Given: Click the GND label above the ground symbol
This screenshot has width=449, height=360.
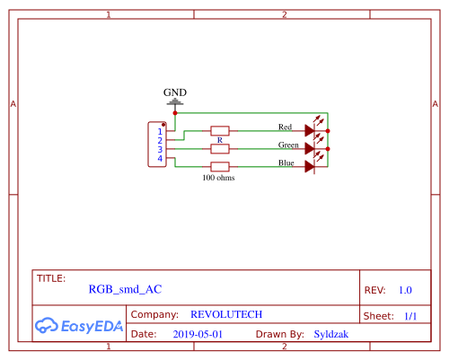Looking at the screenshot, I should point(175,92).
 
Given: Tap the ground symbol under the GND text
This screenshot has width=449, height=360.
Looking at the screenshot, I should point(175,102).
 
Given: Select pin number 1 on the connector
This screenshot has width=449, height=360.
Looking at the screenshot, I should point(160,132).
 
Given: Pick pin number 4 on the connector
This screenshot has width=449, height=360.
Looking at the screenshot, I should point(160,159).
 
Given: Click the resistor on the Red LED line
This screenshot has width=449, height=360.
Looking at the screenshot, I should point(220,130).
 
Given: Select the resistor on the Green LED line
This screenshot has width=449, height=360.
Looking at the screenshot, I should point(220,148).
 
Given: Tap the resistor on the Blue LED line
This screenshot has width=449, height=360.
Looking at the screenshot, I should point(220,166).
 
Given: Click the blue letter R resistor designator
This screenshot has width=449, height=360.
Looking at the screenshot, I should point(220,140).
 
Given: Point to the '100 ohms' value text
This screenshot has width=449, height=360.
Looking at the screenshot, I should point(219,178).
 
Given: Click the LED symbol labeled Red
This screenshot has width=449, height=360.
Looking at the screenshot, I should point(311,130).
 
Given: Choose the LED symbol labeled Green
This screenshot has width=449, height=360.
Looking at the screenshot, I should point(311,148).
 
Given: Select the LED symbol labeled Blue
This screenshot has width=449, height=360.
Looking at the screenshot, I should point(311,166).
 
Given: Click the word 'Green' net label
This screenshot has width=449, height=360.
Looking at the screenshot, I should point(288,145).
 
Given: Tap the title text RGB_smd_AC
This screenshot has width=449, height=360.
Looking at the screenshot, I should point(125,290).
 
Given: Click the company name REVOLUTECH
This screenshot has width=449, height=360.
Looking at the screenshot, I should point(226,315).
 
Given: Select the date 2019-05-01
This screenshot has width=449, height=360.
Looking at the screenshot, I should point(197,334).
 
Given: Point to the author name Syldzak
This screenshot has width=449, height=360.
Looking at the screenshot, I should point(331,334).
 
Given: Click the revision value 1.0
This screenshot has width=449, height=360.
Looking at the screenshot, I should point(405,290).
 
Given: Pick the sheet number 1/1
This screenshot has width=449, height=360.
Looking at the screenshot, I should point(410,316).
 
